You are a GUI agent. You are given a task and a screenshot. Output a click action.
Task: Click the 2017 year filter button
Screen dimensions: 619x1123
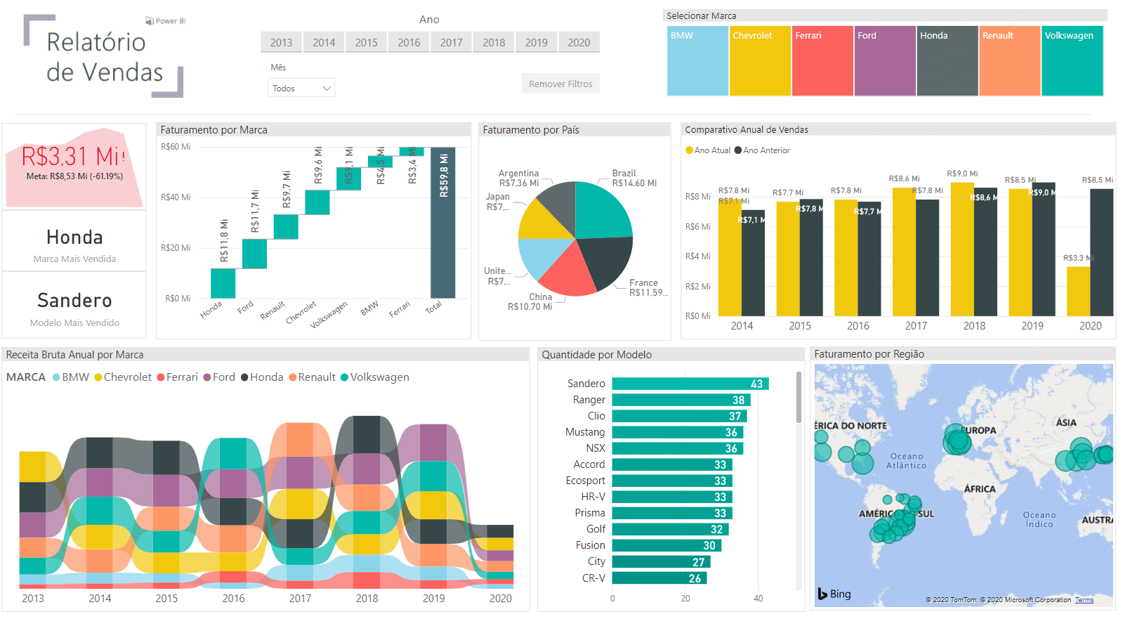click(451, 42)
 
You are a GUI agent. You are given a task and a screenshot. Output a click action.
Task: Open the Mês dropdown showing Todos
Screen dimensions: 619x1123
click(301, 88)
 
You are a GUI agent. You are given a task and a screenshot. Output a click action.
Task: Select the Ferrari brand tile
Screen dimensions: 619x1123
click(822, 60)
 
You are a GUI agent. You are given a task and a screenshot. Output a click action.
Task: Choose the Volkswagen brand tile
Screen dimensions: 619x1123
click(1072, 60)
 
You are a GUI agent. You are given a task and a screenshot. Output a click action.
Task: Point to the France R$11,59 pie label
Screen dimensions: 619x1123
click(646, 287)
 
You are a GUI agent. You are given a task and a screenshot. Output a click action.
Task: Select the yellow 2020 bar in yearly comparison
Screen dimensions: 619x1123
click(1078, 291)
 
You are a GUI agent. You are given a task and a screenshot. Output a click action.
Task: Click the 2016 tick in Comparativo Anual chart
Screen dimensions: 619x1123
click(858, 326)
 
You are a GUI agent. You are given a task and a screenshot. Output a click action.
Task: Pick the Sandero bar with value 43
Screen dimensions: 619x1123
click(690, 384)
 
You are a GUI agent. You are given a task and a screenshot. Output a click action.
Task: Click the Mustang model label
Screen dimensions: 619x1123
click(585, 432)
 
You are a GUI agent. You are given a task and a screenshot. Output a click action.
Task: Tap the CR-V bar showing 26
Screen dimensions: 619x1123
click(659, 578)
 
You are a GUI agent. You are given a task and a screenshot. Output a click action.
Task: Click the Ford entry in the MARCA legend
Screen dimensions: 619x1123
click(220, 377)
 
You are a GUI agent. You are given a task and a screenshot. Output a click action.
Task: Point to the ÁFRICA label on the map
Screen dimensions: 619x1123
click(979, 489)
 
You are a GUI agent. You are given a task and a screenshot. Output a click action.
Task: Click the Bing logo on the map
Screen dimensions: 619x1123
click(834, 594)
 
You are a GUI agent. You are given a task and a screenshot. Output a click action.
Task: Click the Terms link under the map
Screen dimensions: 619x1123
click(1084, 600)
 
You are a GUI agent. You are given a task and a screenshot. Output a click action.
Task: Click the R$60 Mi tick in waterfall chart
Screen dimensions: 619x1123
click(176, 147)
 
